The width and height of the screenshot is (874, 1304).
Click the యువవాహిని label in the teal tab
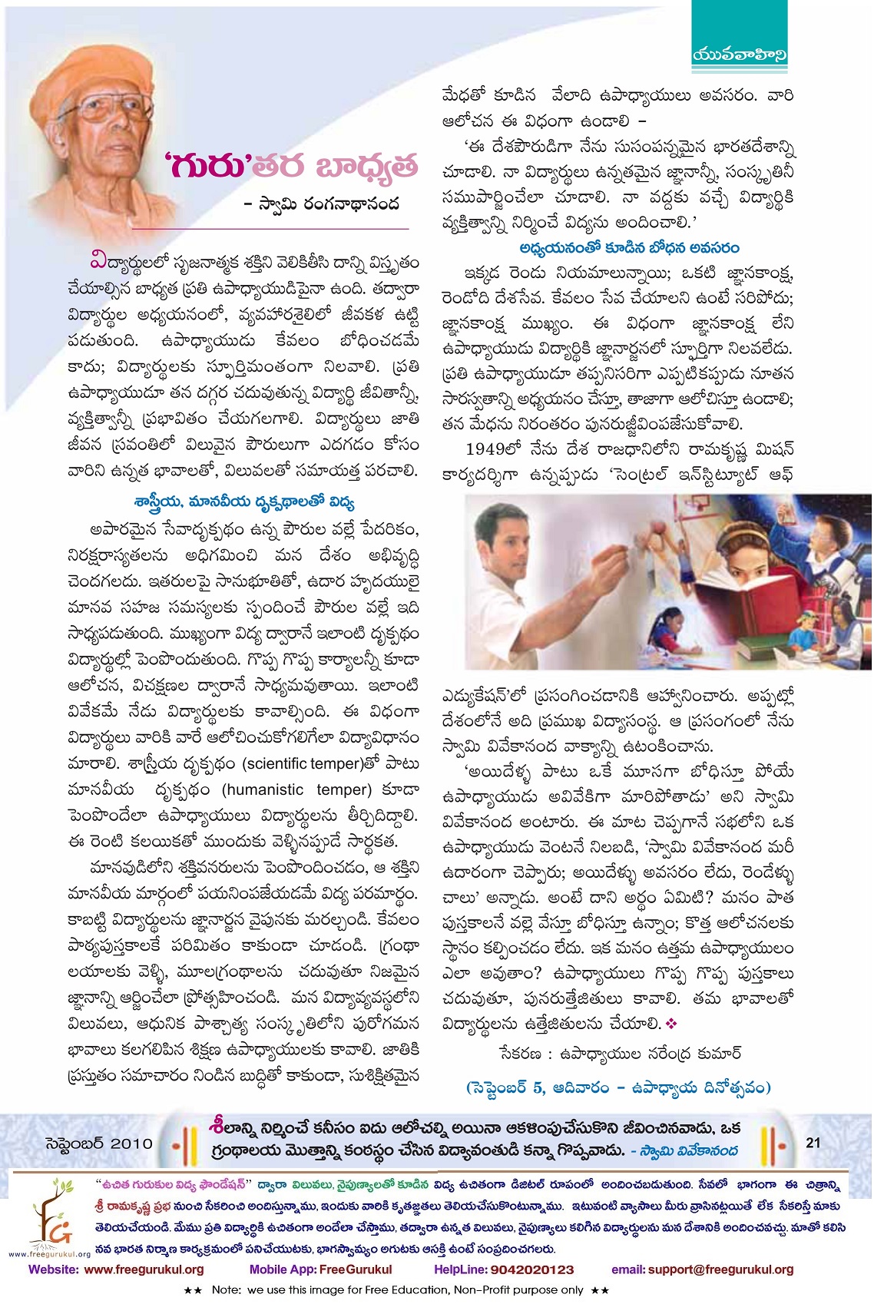(x=740, y=55)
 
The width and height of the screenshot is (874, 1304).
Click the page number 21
(x=813, y=1143)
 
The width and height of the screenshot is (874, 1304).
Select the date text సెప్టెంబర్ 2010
(x=100, y=1143)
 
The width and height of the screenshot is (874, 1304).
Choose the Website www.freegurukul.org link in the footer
(x=116, y=1269)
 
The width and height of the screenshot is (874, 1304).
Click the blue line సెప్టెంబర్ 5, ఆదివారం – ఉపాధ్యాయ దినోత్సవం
(x=618, y=1087)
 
